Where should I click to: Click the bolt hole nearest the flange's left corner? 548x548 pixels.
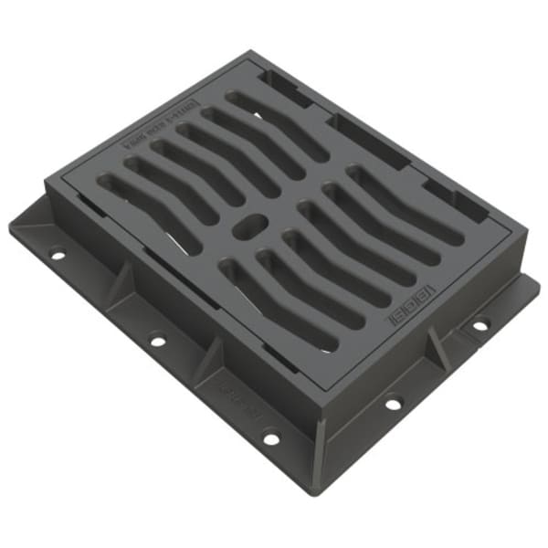[58, 255]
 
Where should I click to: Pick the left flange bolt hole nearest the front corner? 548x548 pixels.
[271, 438]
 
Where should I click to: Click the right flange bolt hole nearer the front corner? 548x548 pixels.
[394, 402]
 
